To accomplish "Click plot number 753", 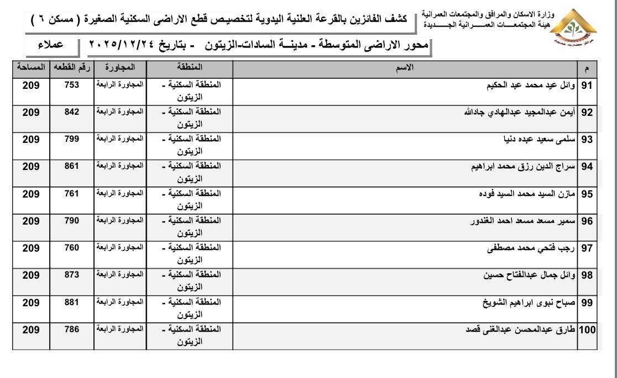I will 72,85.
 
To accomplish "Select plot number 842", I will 72,112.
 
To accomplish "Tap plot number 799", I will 72,139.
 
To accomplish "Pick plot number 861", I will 72,166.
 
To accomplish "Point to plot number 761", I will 72,194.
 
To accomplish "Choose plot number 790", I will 72,221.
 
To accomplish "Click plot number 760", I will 72,248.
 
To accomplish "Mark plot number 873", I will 72,275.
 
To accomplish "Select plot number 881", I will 72,302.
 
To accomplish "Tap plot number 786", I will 72,329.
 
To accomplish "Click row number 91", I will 587,86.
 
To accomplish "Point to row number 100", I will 587,330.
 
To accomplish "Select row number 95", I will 587,194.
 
